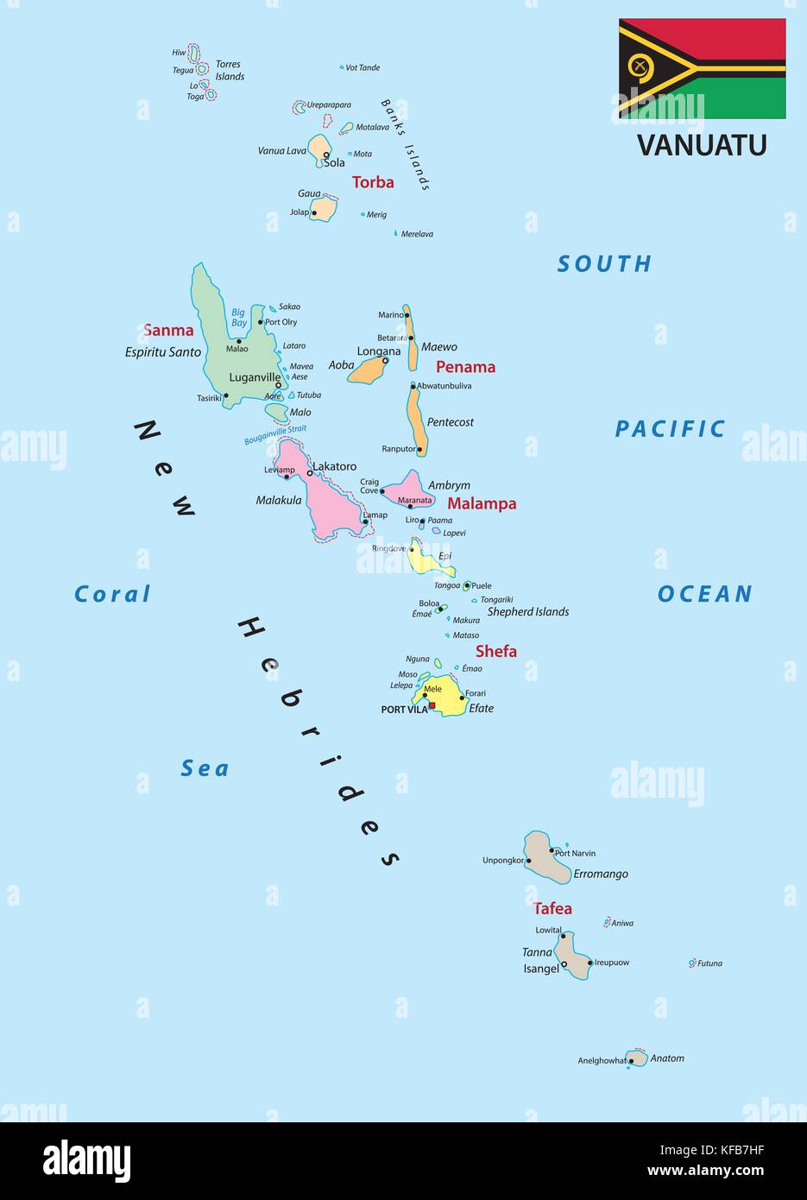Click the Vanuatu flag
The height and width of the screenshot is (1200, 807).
point(702,68)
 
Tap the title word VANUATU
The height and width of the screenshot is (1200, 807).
point(702,145)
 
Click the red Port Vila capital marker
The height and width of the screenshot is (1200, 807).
point(432,705)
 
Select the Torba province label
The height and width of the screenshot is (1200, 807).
point(373,182)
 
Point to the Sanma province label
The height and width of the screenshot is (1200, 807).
point(168,330)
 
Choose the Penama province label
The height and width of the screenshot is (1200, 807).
point(465,367)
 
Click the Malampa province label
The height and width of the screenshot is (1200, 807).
point(482,503)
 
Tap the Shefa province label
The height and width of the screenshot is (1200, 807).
point(496,651)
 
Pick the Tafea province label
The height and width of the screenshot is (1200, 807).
point(552,908)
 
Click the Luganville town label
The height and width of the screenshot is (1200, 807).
point(255,377)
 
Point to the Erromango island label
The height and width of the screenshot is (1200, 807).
point(601,874)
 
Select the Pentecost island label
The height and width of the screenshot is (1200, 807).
point(451,422)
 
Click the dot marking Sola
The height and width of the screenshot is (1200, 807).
point(326,155)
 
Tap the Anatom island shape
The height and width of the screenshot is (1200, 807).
point(638,1058)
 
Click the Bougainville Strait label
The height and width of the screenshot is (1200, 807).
point(275,434)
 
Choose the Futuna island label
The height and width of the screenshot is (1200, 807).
point(709,963)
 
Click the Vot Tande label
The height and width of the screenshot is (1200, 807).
point(363,67)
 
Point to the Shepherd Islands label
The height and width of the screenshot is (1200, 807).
point(528,611)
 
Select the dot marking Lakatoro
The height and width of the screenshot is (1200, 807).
point(310,473)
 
